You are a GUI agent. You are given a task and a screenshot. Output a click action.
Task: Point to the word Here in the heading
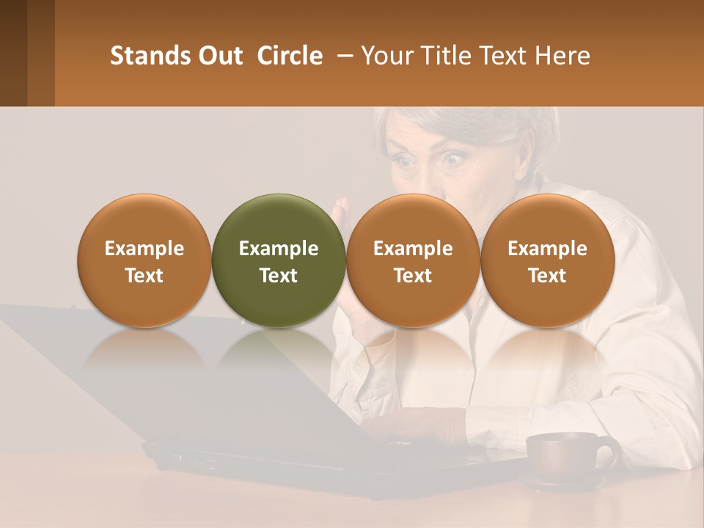pyautogui.click(x=563, y=56)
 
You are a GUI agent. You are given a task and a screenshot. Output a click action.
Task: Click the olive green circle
pyautogui.click(x=279, y=260)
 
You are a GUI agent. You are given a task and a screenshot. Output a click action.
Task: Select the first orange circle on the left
pyautogui.click(x=144, y=260)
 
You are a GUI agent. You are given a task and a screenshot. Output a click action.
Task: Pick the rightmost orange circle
pyautogui.click(x=548, y=260)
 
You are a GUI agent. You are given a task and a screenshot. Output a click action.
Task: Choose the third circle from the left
pyautogui.click(x=413, y=260)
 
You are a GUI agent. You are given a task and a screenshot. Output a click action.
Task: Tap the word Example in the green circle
pyautogui.click(x=279, y=249)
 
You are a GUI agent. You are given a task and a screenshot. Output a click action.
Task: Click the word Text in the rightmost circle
pyautogui.click(x=548, y=276)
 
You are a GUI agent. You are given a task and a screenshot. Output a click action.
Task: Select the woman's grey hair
pyautogui.click(x=469, y=121)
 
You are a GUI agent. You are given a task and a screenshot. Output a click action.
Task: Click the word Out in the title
pyautogui.click(x=221, y=56)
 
